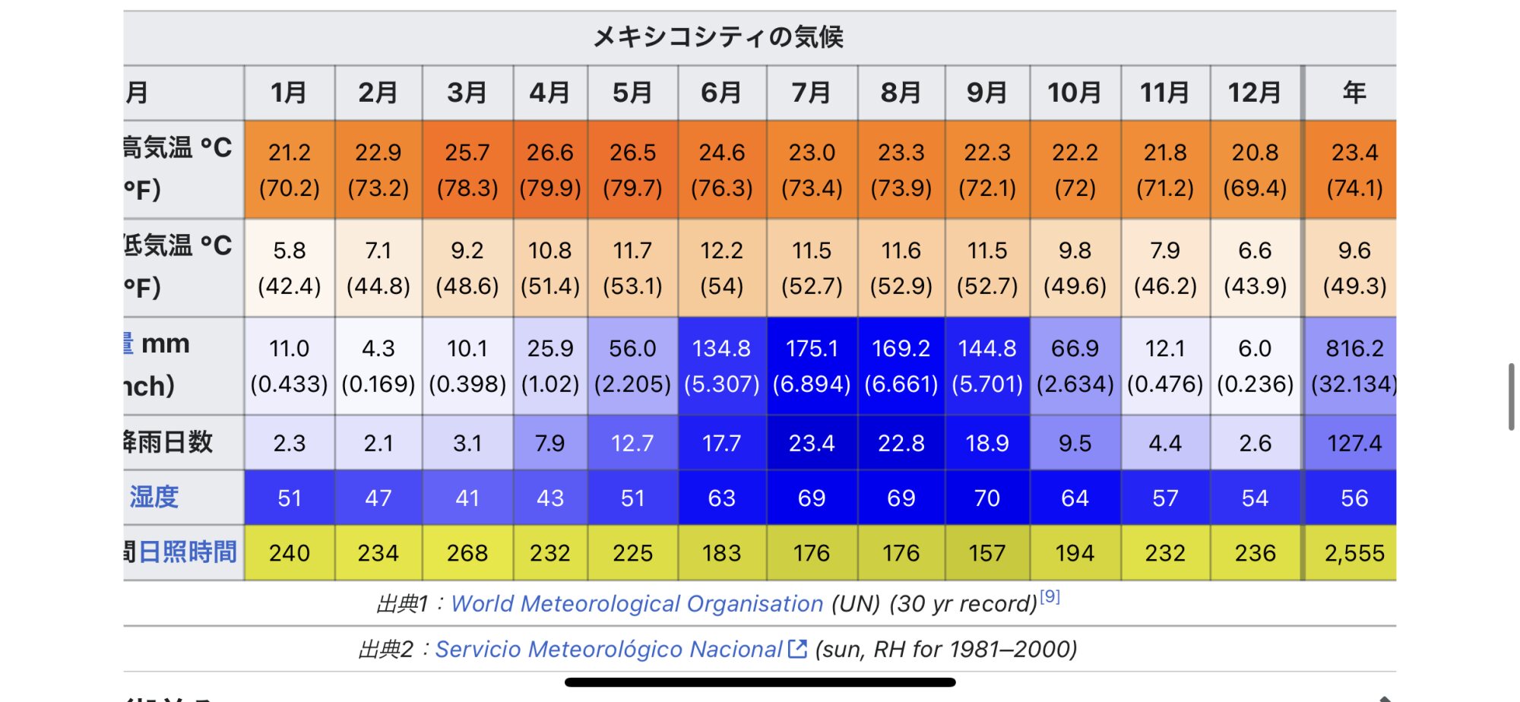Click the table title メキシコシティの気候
(717, 36)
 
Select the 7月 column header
(811, 93)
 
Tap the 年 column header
(1354, 93)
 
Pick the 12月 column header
(1254, 93)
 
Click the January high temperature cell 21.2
(289, 169)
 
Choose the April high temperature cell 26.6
(549, 169)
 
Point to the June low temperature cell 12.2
(721, 267)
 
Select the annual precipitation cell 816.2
(1354, 365)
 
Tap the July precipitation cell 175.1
(811, 365)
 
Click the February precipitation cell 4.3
(378, 365)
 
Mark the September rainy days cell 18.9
(986, 443)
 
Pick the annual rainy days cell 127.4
(1354, 443)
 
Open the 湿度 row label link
(154, 497)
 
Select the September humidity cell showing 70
(986, 498)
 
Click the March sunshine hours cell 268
(467, 553)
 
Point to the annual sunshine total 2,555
(1354, 553)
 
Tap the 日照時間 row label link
(188, 552)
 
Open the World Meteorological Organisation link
(636, 604)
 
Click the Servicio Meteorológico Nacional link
(608, 650)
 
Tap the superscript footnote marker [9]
(1050, 596)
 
